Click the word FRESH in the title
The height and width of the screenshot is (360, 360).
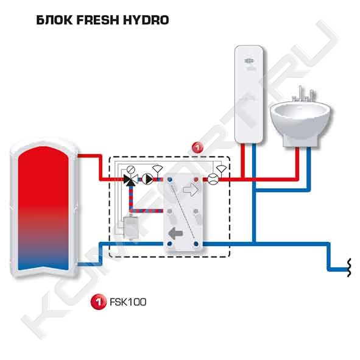(98, 20)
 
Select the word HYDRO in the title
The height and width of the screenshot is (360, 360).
(146, 20)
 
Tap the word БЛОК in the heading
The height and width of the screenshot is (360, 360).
(54, 20)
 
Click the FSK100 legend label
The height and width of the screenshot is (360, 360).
(128, 302)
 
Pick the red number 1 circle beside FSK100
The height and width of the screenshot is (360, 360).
(99, 302)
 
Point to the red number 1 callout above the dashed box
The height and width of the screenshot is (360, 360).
(197, 147)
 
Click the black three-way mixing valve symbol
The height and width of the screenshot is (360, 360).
(130, 179)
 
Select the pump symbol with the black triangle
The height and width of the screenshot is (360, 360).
(147, 179)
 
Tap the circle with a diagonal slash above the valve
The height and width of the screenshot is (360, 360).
(131, 169)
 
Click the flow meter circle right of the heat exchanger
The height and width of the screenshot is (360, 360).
(213, 179)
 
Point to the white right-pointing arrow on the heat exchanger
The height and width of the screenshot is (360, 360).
(191, 189)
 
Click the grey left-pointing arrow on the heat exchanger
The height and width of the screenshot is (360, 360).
(175, 233)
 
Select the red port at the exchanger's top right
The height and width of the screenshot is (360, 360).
(196, 179)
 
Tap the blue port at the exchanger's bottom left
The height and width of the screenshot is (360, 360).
(170, 244)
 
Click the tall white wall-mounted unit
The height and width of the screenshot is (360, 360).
(249, 94)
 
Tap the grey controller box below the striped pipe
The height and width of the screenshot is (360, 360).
(131, 227)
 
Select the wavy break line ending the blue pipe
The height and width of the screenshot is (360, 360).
(349, 267)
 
